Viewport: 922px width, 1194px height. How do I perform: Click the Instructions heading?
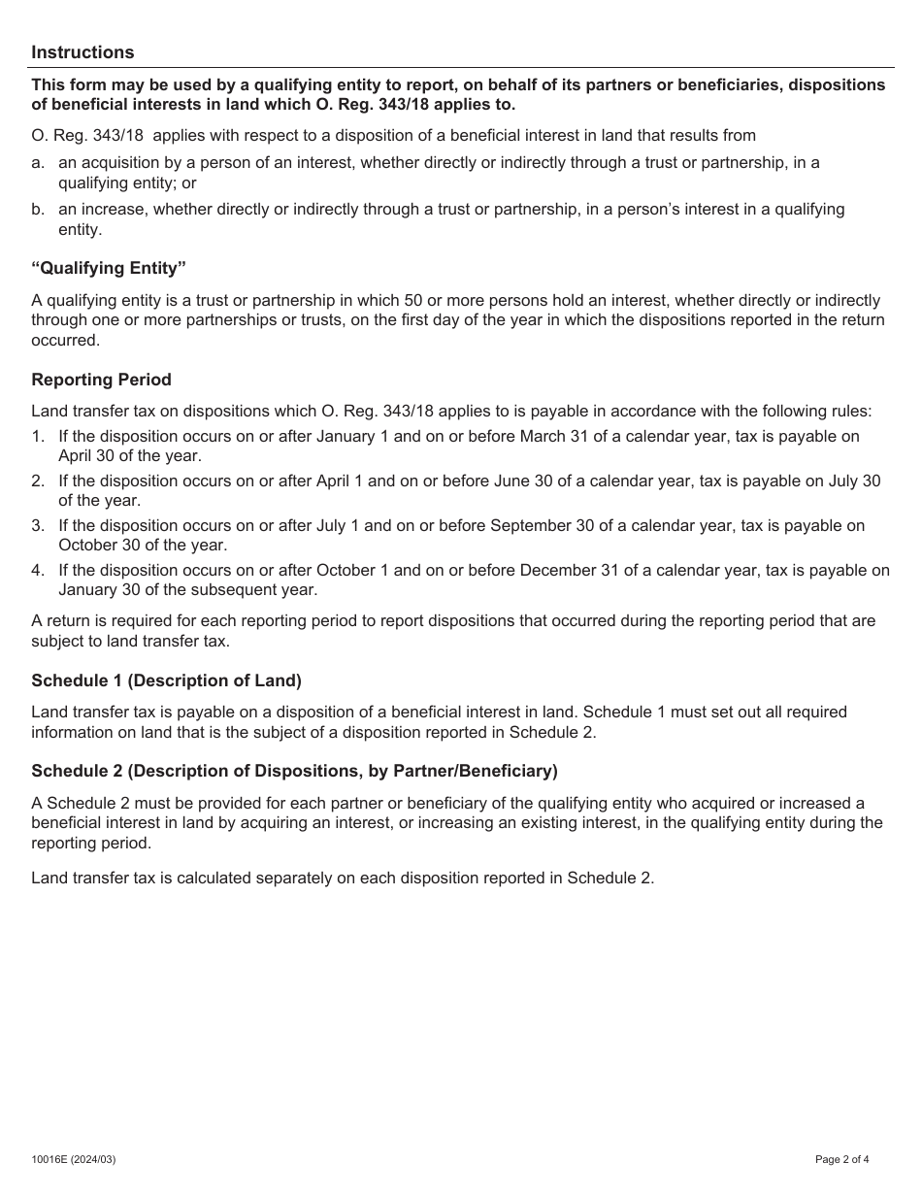pos(82,52)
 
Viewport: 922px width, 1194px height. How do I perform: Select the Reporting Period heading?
pos(101,380)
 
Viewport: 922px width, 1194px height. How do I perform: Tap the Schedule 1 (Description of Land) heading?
pos(166,680)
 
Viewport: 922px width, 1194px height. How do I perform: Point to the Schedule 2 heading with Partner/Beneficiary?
pos(294,771)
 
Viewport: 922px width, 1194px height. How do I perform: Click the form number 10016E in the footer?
pos(52,1158)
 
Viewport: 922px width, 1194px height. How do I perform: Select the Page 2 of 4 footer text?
pos(841,1158)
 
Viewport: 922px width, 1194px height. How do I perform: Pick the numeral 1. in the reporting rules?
pos(38,437)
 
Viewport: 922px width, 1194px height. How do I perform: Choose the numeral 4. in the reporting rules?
pos(38,571)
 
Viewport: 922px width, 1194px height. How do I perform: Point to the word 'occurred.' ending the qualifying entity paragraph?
pos(65,341)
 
